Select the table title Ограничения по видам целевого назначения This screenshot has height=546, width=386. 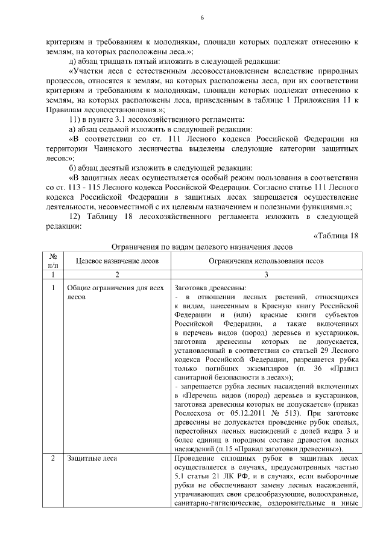coord(202,247)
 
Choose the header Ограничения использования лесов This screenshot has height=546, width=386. coord(266,261)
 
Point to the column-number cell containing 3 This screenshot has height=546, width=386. coord(266,274)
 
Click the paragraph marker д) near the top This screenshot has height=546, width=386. coord(73,62)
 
